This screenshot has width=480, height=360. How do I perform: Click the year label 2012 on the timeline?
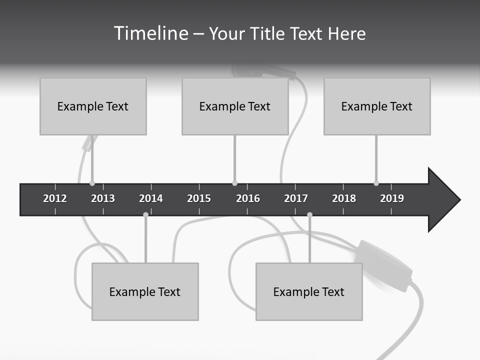(x=55, y=198)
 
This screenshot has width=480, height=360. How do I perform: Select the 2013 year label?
(x=103, y=198)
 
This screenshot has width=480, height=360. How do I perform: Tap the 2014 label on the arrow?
(x=151, y=198)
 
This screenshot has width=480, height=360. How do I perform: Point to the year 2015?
(x=199, y=198)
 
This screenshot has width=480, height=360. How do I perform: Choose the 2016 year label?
(x=248, y=198)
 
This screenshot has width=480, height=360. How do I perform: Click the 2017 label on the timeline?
(x=296, y=198)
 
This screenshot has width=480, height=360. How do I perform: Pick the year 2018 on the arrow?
(x=344, y=198)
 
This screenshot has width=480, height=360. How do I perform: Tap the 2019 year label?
(x=392, y=198)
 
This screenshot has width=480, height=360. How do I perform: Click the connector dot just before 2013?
(x=92, y=183)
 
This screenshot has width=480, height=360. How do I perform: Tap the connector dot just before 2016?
(x=234, y=183)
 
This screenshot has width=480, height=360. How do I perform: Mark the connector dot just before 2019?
(x=376, y=183)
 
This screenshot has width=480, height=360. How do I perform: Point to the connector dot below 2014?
(x=145, y=214)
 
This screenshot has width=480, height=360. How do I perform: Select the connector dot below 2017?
(x=309, y=214)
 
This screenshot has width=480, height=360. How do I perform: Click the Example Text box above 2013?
(x=93, y=106)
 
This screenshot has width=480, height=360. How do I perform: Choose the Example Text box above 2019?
(x=377, y=106)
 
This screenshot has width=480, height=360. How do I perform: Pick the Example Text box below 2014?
(x=145, y=291)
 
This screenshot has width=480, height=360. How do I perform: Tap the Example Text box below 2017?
(x=309, y=291)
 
